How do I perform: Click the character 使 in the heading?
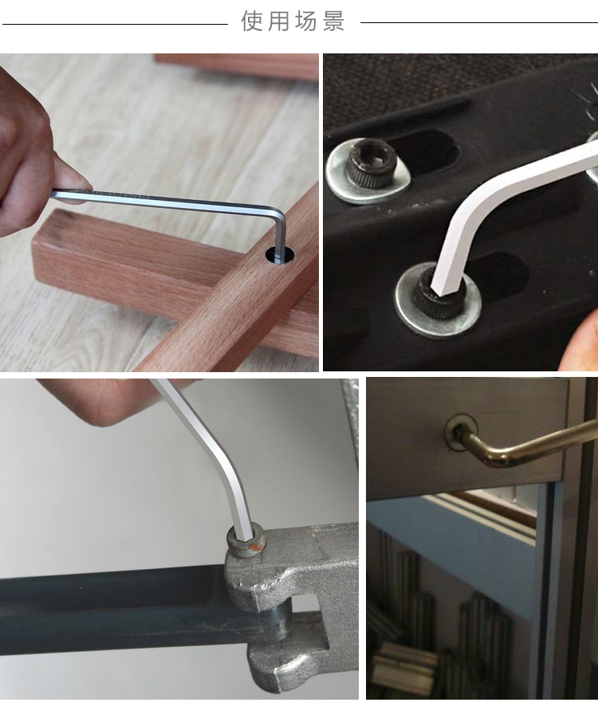tap(252, 22)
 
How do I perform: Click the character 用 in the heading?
tap(278, 22)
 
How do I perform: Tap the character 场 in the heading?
tap(305, 22)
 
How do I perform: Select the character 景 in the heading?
tap(333, 22)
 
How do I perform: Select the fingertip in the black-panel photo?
tap(580, 341)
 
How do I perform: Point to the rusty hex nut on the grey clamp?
tap(246, 542)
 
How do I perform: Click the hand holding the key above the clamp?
tap(105, 398)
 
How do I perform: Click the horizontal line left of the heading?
tap(116, 24)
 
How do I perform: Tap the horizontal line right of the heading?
tap(479, 22)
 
